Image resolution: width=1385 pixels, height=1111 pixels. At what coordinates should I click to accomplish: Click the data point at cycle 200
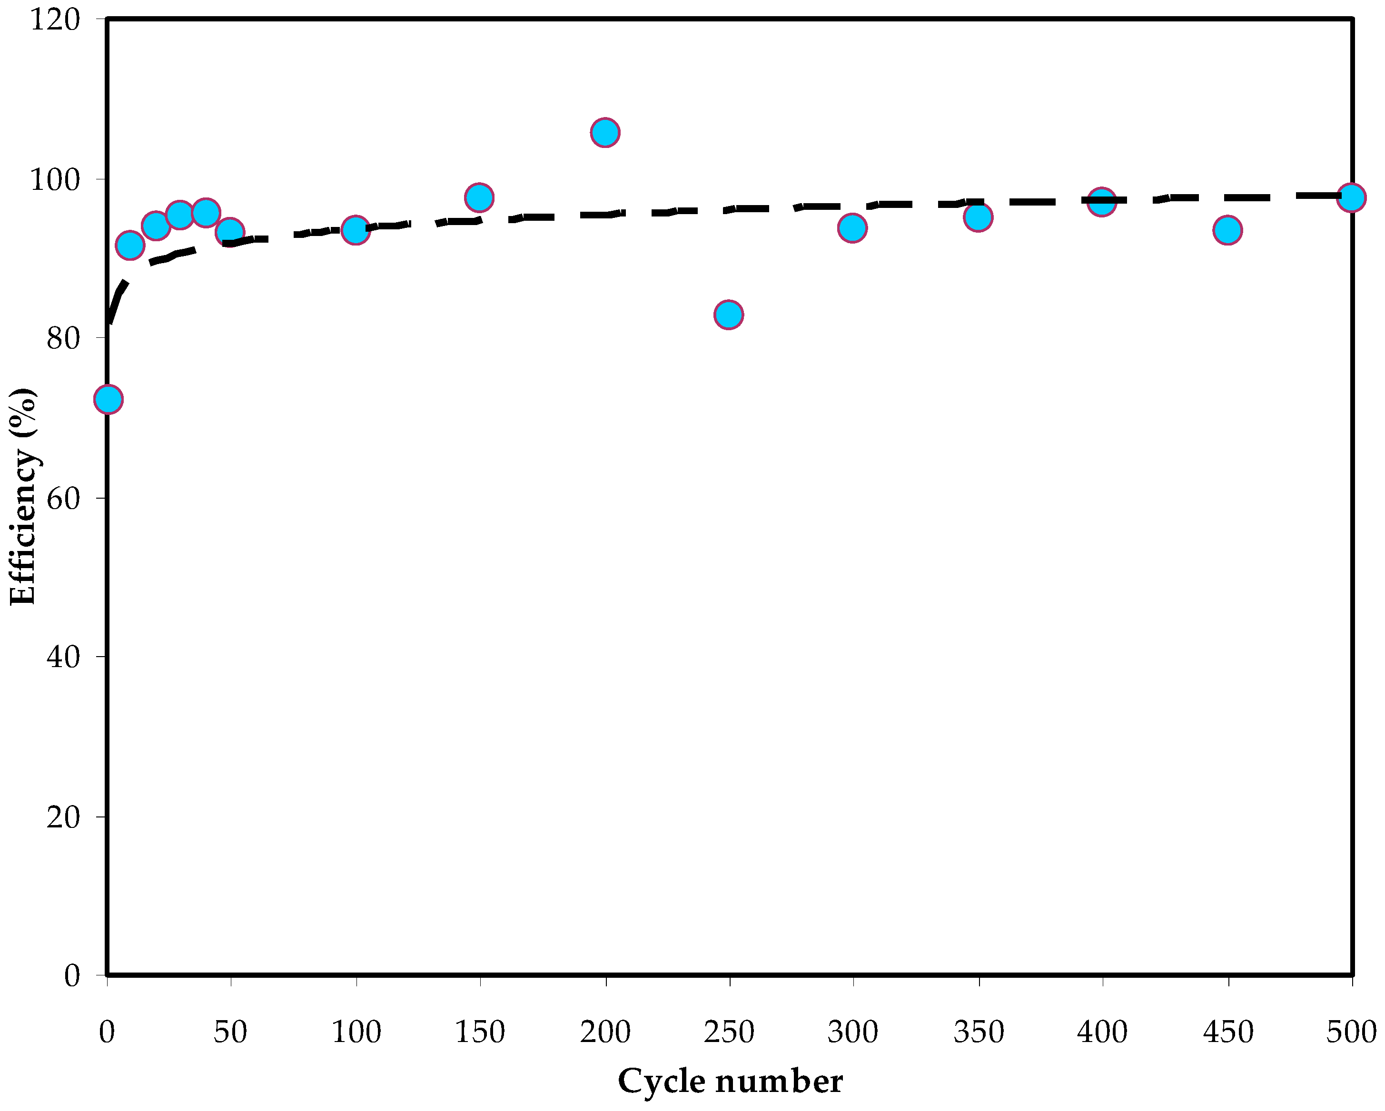click(604, 133)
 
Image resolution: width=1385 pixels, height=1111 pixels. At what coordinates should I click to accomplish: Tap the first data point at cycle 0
click(108, 399)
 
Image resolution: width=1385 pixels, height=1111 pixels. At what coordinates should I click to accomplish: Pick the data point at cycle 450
click(1227, 230)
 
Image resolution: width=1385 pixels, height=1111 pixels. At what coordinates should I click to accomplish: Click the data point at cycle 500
click(1352, 197)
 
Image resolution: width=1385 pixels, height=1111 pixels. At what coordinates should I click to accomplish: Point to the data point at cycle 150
click(479, 197)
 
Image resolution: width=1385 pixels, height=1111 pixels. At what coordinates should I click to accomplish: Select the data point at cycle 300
click(852, 227)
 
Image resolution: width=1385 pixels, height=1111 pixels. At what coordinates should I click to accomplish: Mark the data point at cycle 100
click(355, 230)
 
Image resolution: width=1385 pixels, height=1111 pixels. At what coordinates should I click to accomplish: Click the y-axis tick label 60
click(63, 498)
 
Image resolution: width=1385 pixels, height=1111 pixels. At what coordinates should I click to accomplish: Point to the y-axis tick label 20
click(63, 817)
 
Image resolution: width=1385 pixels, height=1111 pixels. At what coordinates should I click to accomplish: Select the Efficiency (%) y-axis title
click(23, 496)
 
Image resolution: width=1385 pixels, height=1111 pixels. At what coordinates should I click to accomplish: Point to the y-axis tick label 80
click(63, 338)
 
